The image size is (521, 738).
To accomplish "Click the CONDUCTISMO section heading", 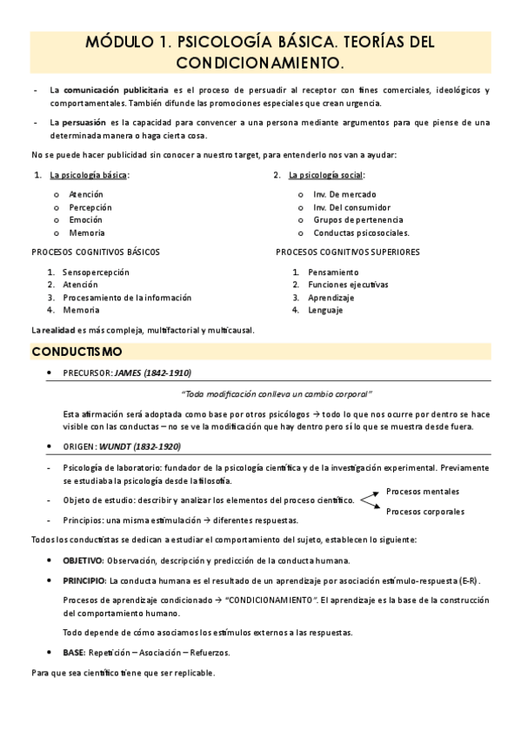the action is [x=77, y=352].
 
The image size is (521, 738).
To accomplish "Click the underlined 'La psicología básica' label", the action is [x=88, y=175].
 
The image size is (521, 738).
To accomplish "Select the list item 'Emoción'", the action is [x=85, y=220].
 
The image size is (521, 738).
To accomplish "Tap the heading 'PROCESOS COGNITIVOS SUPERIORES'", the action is [x=347, y=252].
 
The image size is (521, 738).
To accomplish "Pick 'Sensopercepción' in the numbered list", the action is [x=96, y=272].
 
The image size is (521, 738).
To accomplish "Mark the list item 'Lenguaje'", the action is [x=325, y=310].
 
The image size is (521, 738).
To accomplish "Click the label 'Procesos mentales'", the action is [x=423, y=491].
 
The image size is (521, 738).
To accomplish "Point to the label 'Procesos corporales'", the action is [x=425, y=512].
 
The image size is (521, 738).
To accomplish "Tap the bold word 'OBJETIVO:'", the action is [x=83, y=560].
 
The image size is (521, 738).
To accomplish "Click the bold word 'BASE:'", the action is [x=74, y=652].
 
